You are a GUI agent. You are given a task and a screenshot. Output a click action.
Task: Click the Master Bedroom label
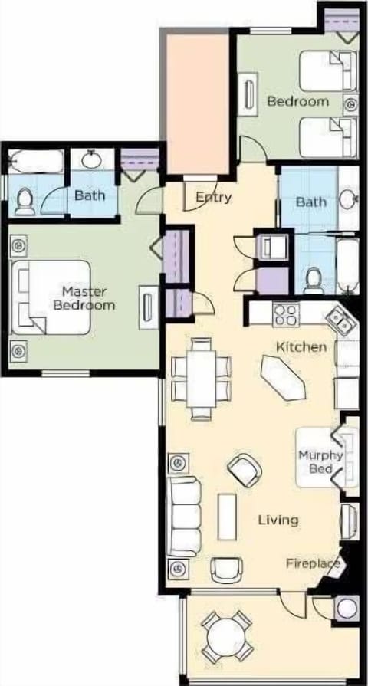(x=88, y=297)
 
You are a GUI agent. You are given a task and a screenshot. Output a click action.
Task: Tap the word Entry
(x=213, y=197)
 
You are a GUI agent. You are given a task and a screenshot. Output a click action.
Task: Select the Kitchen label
(x=301, y=347)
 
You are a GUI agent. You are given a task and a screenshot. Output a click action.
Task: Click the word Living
(x=278, y=520)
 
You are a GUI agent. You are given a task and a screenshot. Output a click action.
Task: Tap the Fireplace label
(x=313, y=563)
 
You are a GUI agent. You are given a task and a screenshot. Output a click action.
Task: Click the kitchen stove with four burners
(x=285, y=313)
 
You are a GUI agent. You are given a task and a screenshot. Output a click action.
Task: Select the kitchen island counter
(x=284, y=379)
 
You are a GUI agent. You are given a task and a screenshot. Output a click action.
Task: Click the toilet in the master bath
(x=24, y=201)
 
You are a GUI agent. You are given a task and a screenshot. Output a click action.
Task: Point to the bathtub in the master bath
(x=35, y=162)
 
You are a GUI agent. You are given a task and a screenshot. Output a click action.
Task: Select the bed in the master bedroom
(x=51, y=297)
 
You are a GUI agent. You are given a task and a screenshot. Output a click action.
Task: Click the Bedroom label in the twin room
(x=297, y=101)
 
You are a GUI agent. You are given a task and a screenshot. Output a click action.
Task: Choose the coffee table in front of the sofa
(x=226, y=515)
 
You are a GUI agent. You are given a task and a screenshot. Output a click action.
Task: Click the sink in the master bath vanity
(x=93, y=159)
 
